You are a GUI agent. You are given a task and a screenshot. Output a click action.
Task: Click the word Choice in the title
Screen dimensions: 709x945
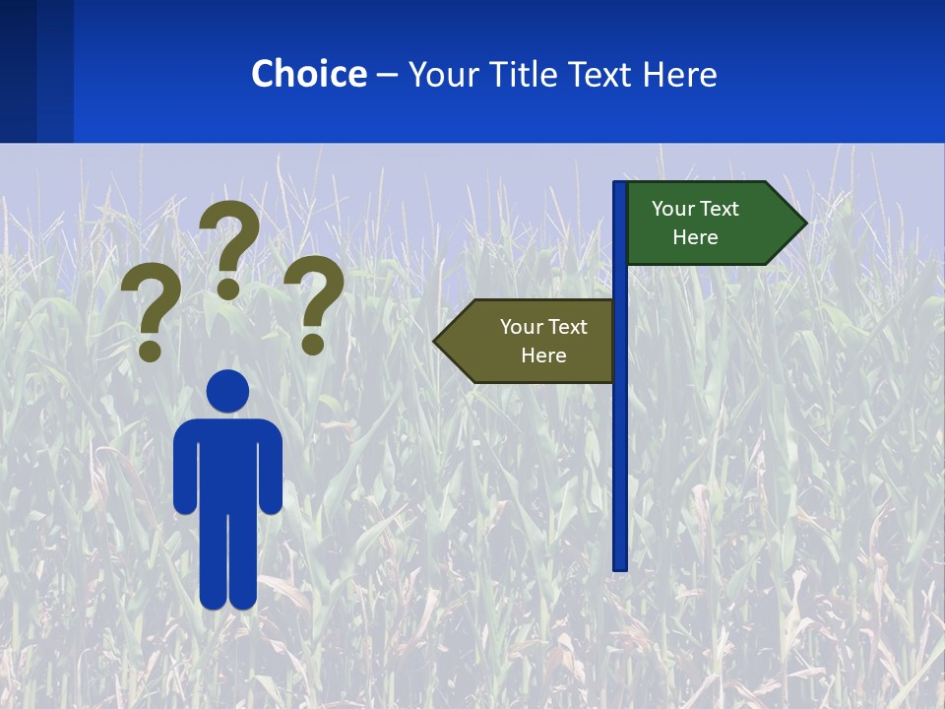pyautogui.click(x=308, y=74)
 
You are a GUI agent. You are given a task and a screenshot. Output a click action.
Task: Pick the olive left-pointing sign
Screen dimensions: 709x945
pyautogui.click(x=532, y=341)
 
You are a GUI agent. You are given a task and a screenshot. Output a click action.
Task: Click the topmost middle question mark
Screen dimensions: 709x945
pyautogui.click(x=229, y=246)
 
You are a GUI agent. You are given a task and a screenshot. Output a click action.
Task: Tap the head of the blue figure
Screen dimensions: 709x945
pyautogui.click(x=228, y=391)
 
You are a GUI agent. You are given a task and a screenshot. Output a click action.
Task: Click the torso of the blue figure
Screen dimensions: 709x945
pyautogui.click(x=228, y=463)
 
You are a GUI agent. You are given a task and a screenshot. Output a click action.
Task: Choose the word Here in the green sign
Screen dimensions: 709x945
pyautogui.click(x=695, y=237)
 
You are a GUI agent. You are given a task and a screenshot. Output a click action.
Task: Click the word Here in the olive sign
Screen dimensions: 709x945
pyautogui.click(x=543, y=355)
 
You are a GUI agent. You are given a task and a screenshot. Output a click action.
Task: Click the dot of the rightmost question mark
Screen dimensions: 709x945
pyautogui.click(x=313, y=344)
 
